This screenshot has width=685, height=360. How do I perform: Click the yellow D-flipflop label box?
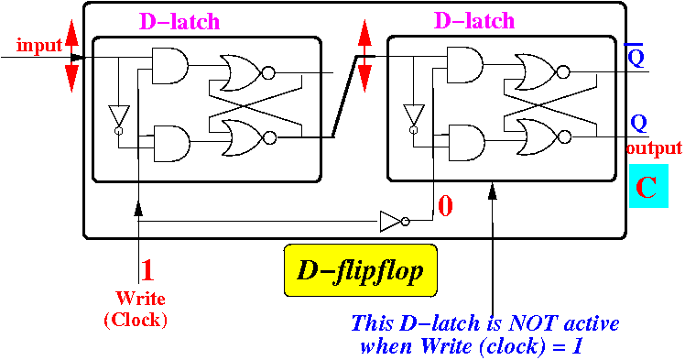click(361, 270)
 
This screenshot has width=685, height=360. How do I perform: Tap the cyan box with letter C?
click(648, 186)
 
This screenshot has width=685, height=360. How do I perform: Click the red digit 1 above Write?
click(147, 270)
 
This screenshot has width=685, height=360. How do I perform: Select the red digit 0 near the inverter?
click(445, 206)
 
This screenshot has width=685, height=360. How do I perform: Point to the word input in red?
click(39, 46)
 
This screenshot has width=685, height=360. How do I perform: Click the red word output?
click(654, 148)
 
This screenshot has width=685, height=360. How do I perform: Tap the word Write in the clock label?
click(141, 299)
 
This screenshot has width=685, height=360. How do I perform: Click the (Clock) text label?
click(136, 321)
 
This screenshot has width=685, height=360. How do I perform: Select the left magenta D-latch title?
click(179, 21)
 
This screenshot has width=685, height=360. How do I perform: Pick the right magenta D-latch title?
click(474, 20)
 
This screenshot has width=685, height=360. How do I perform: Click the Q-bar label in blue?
click(635, 56)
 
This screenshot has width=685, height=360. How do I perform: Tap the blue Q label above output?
click(638, 124)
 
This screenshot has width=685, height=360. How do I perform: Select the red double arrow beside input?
click(71, 56)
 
